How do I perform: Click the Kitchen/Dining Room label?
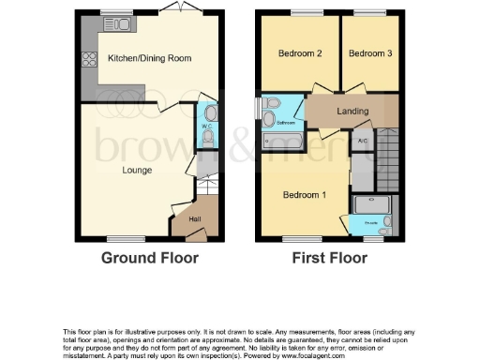150,58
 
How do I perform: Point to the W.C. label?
207,127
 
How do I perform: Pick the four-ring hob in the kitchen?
89,61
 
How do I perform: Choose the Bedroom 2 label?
300,53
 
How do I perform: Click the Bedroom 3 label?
370,53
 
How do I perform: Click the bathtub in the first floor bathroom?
283,141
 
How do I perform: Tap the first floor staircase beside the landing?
391,159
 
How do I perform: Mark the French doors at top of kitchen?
173,8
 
